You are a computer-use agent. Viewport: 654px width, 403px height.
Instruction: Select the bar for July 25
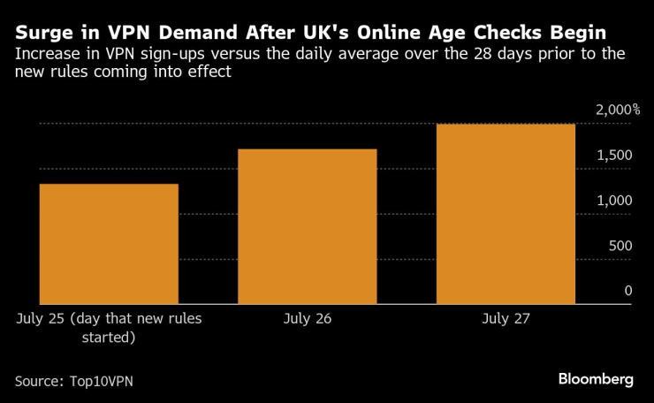(109, 244)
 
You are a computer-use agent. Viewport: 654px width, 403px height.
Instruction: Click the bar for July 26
(308, 226)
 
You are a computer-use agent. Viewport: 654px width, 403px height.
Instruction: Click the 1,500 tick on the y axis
(613, 156)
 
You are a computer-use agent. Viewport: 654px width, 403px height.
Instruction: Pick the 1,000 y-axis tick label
(613, 201)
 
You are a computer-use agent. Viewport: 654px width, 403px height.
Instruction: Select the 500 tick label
(620, 246)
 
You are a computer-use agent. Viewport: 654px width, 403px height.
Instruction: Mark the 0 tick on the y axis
(628, 291)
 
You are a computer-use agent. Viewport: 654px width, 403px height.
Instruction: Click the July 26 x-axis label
(308, 317)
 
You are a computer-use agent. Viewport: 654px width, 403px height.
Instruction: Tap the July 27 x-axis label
(506, 317)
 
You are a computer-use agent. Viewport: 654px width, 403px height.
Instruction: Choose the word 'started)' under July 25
(109, 337)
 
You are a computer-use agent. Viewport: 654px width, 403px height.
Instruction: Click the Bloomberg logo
(595, 379)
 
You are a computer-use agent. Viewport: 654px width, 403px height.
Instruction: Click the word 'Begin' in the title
(577, 34)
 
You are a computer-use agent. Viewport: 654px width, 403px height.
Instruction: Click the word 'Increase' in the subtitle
(45, 55)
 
